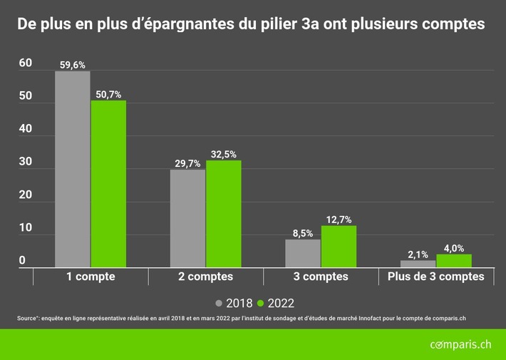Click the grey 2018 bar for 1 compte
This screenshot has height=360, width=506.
tap(73, 169)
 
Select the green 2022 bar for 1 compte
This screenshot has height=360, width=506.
tap(108, 184)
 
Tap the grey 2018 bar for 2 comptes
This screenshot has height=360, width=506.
tap(187, 218)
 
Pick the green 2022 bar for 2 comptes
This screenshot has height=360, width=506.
tap(223, 214)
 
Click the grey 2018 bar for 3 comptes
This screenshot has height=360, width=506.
tap(303, 253)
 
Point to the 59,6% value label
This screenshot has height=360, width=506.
tap(73, 65)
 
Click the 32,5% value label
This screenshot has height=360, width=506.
tap(224, 154)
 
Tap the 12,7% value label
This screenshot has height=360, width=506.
tap(339, 220)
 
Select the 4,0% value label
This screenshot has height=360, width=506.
tap(454, 248)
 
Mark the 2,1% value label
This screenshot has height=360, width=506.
tap(418, 254)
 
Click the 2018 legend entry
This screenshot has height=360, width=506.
tap(233, 302)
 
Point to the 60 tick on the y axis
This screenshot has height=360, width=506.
tap(26, 63)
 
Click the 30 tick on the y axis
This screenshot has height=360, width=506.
tap(26, 162)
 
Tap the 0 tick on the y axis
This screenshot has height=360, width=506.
tap(22, 261)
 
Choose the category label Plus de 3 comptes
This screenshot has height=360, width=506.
tap(435, 277)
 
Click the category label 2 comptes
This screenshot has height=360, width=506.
tap(205, 277)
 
